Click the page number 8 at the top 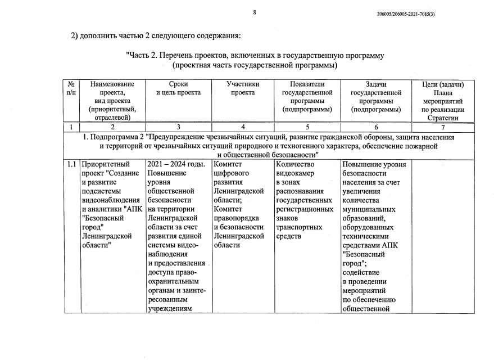coord(254,12)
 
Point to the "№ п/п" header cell coord(71,88)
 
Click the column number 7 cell coord(443,127)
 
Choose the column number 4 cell coord(242,127)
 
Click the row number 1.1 coord(71,164)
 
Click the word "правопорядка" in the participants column coord(236,218)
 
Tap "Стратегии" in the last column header coord(443,118)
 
